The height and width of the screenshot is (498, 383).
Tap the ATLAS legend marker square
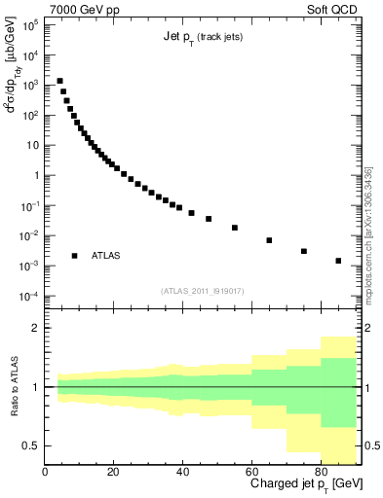[75, 256]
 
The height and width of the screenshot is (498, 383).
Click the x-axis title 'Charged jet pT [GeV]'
[306, 484]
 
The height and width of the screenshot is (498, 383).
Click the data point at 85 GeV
[338, 261]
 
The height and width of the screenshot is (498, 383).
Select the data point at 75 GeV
[304, 251]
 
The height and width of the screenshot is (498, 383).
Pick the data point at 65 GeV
[269, 240]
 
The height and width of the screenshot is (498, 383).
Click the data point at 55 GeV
[235, 228]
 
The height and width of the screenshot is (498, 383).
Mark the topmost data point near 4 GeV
[59, 82]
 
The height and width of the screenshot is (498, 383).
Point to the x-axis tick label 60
[252, 472]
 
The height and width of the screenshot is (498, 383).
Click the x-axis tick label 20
[114, 472]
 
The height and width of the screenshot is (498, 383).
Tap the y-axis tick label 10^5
[30, 25]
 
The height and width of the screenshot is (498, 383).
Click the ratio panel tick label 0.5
[29, 445]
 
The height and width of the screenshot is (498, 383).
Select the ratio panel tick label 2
[35, 329]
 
